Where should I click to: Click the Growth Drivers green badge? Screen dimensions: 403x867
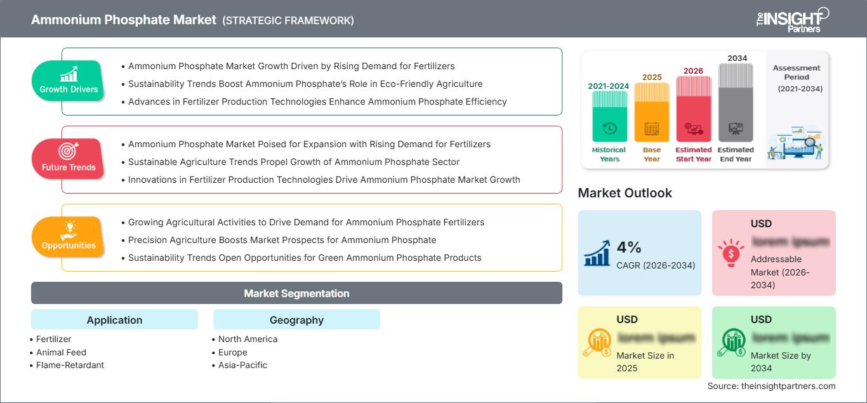pyautogui.click(x=69, y=81)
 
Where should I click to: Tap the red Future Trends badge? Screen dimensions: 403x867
pyautogui.click(x=69, y=159)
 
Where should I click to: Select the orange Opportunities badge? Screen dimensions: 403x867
pyautogui.click(x=69, y=237)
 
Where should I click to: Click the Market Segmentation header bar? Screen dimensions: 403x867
pyautogui.click(x=296, y=293)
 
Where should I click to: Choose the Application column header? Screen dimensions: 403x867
pyautogui.click(x=114, y=320)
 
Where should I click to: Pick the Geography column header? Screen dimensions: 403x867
pyautogui.click(x=296, y=320)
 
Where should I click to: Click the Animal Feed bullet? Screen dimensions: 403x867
pyautogui.click(x=61, y=352)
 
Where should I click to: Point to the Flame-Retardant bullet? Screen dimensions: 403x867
pyautogui.click(x=70, y=365)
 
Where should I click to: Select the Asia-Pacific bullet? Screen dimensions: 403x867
pyautogui.click(x=242, y=365)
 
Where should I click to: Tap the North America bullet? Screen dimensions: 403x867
pyautogui.click(x=248, y=339)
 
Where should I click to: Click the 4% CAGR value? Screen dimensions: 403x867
pyautogui.click(x=629, y=248)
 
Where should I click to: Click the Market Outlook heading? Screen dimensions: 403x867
pyautogui.click(x=625, y=193)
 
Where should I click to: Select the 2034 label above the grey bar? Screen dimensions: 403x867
pyautogui.click(x=737, y=58)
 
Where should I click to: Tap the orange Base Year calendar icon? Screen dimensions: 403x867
pyautogui.click(x=652, y=129)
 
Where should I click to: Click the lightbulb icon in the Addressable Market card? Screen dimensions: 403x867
pyautogui.click(x=731, y=252)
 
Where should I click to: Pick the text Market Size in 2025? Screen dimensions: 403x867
pyautogui.click(x=644, y=362)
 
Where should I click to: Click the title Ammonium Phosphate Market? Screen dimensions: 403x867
pyautogui.click(x=124, y=20)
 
